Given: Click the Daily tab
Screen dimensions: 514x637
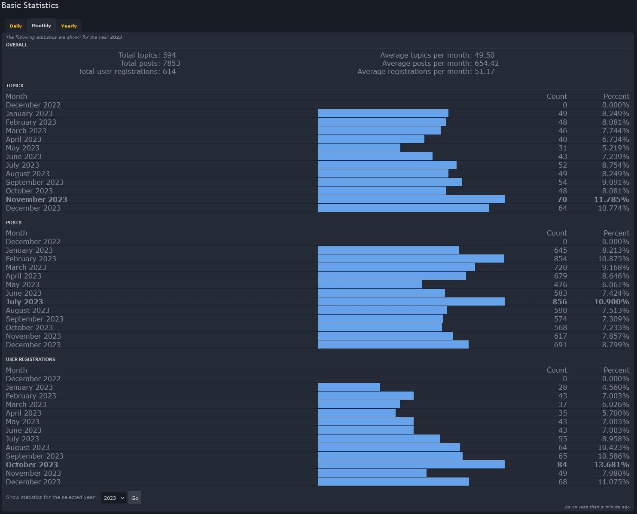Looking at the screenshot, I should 15,26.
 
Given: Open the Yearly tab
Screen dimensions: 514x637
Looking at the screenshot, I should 69,26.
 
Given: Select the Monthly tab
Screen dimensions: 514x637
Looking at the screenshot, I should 41,26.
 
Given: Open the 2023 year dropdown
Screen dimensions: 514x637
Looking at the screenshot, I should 114,498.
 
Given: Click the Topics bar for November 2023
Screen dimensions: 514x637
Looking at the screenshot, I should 411,199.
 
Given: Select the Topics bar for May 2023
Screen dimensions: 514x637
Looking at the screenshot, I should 359,148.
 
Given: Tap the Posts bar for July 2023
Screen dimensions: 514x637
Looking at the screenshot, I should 411,302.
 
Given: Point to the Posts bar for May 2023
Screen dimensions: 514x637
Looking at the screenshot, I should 370,285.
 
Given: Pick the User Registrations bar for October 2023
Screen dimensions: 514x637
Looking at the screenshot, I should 411,465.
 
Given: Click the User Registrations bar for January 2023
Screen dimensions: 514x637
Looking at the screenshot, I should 349,387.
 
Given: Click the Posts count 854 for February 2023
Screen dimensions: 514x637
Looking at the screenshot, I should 560,259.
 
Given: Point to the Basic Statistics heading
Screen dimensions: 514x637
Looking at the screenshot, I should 30,6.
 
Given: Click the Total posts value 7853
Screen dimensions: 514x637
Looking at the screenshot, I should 171,63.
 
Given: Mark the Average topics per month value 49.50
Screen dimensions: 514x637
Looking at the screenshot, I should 485,55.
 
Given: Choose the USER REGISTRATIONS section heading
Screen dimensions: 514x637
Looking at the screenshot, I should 30,359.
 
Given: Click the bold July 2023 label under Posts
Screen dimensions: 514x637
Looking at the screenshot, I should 24,302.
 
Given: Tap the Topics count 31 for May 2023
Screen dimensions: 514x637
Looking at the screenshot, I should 563,148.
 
